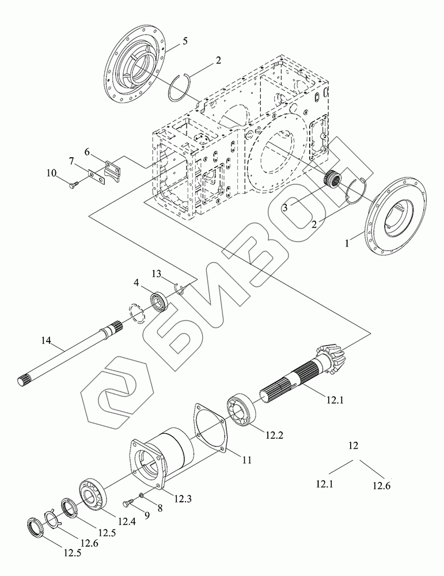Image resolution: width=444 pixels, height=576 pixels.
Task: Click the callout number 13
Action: click(x=157, y=272)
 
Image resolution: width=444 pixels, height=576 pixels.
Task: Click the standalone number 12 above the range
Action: click(x=354, y=445)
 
